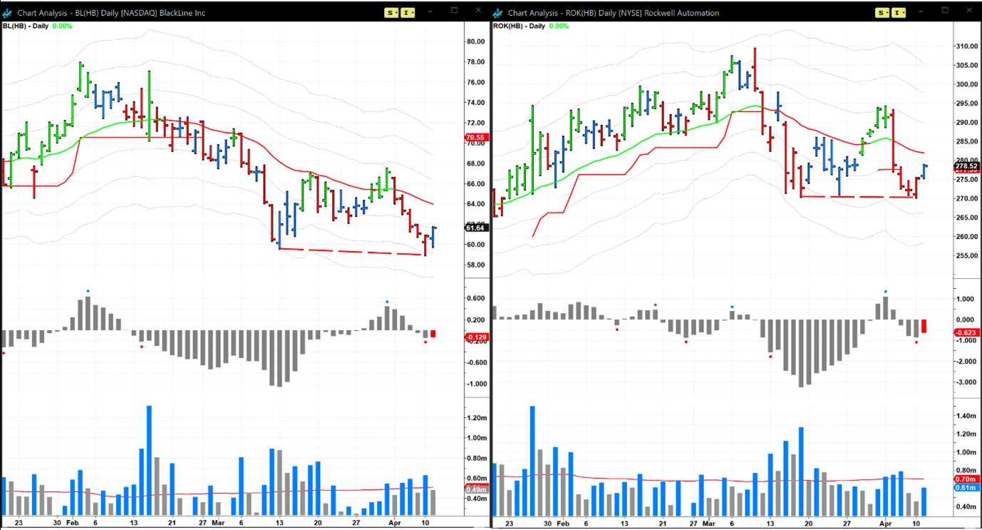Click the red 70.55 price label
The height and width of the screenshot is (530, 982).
(475, 137)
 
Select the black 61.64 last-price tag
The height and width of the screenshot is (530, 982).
(475, 228)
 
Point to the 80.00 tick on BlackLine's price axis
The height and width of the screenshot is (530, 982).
(475, 41)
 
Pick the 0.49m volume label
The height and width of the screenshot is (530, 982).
(475, 489)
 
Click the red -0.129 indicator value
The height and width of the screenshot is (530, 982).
(475, 337)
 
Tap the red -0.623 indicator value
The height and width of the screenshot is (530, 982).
(966, 332)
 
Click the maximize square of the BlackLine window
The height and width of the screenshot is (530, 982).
(455, 11)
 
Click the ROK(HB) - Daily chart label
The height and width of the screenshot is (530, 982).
(519, 26)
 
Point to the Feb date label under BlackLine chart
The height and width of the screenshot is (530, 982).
(72, 523)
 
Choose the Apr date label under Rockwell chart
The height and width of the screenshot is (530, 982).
(885, 523)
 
